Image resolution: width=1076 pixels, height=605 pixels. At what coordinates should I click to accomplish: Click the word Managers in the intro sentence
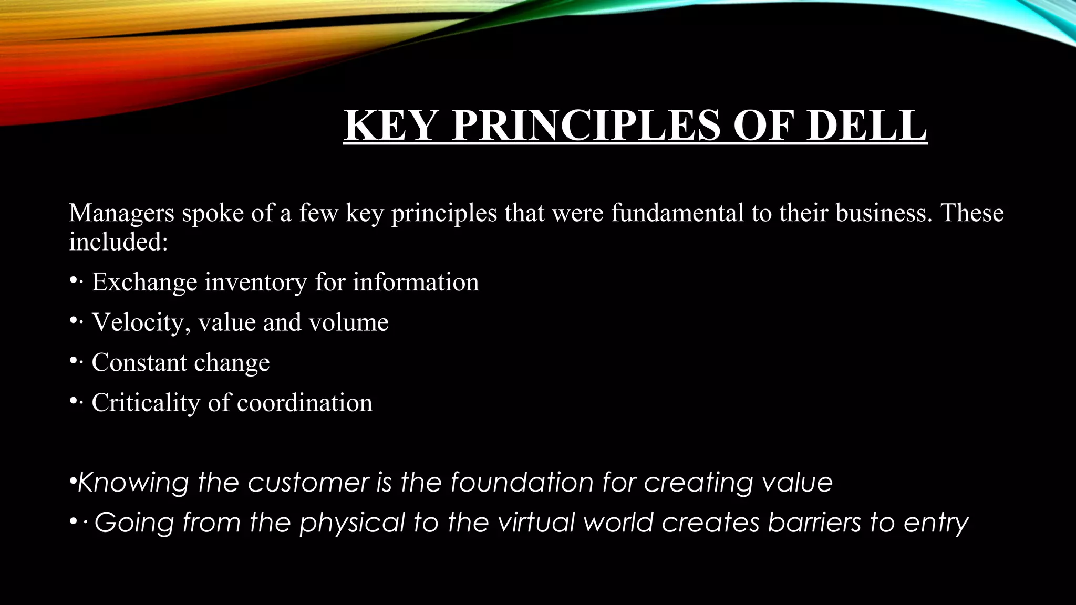(121, 213)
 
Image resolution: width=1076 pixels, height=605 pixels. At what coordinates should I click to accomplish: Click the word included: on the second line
(118, 242)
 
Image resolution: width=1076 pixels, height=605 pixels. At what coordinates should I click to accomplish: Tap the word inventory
(255, 283)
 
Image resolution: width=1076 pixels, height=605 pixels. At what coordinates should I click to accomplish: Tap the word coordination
(305, 403)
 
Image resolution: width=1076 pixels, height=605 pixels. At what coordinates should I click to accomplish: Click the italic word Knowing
(133, 483)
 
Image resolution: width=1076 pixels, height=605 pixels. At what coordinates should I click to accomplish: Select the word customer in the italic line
(308, 483)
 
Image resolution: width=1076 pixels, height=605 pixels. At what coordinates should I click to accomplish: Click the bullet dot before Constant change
(73, 361)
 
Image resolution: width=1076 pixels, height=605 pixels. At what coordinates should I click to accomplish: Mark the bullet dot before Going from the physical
(73, 521)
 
